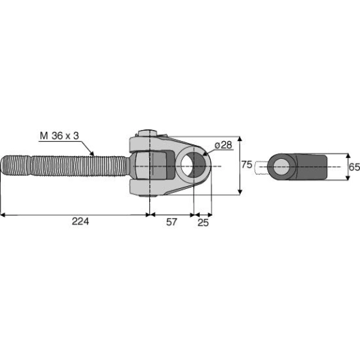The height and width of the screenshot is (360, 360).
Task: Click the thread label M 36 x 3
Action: (60, 136)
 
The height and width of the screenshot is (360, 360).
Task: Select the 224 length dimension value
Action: (80, 222)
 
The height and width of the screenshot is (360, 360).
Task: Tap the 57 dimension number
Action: (172, 222)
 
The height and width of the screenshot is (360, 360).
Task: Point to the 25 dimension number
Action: (203, 222)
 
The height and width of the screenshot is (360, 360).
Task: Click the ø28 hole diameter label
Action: (223, 145)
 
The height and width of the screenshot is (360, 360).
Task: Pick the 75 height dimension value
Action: (247, 165)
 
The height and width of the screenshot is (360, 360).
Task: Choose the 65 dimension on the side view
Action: (355, 167)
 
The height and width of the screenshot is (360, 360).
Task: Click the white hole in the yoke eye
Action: (186, 165)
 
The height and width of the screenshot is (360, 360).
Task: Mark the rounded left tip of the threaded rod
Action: (2, 166)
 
